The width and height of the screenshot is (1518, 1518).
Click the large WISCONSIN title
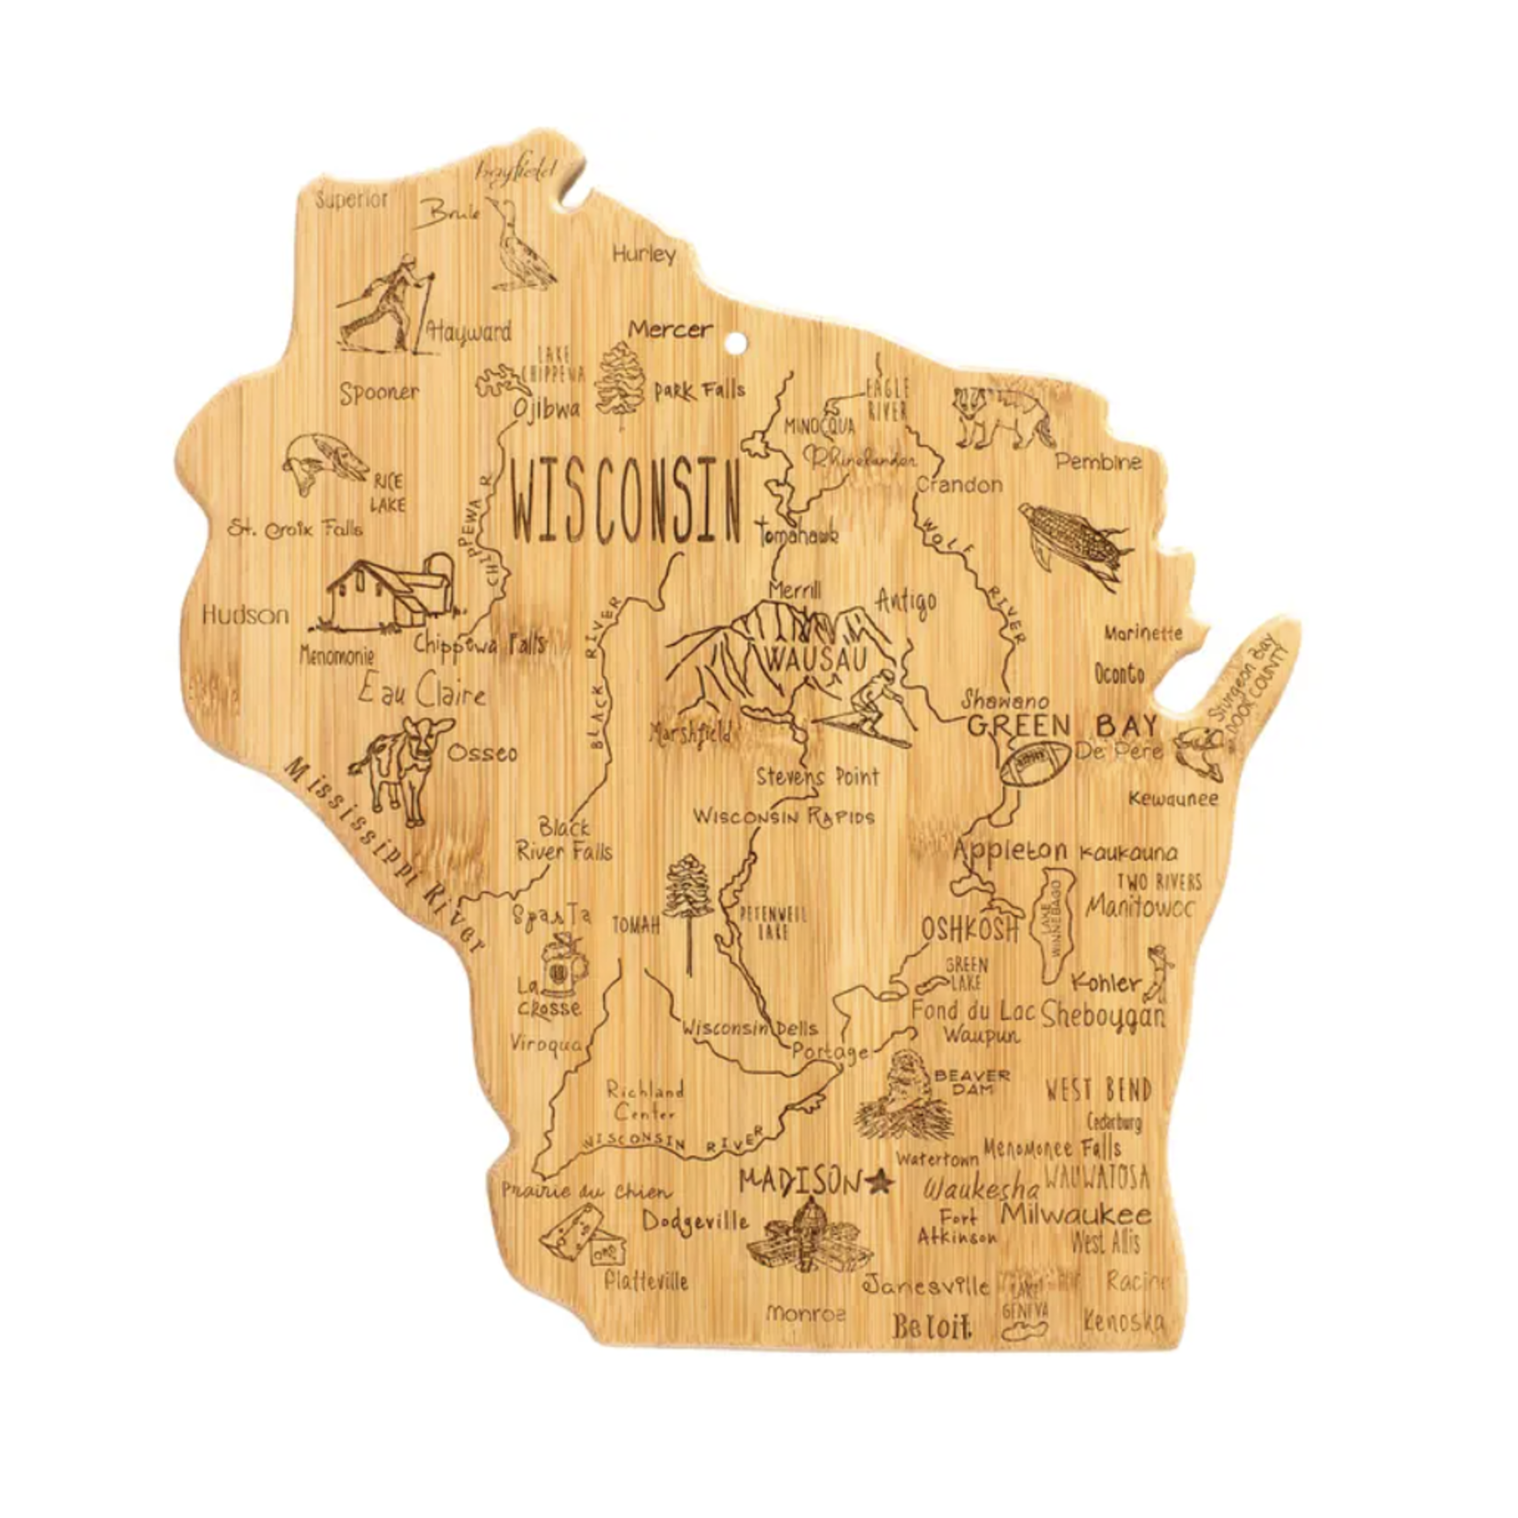point(626,504)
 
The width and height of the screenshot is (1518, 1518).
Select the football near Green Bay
point(1035,763)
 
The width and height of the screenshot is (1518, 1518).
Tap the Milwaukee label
point(1075,1214)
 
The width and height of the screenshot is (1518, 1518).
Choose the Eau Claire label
point(422,691)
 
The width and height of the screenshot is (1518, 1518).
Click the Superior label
point(352,199)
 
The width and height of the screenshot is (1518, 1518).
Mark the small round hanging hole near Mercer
point(735,344)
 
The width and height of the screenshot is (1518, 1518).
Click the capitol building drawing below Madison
point(810,1237)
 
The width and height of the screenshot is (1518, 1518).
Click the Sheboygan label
point(1104,1014)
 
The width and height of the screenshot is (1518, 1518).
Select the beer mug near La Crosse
point(561,965)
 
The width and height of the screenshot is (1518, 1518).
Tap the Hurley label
point(643,254)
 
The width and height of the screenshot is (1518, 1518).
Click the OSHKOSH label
point(970,930)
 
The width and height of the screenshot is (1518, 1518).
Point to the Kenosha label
point(1123,1321)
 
